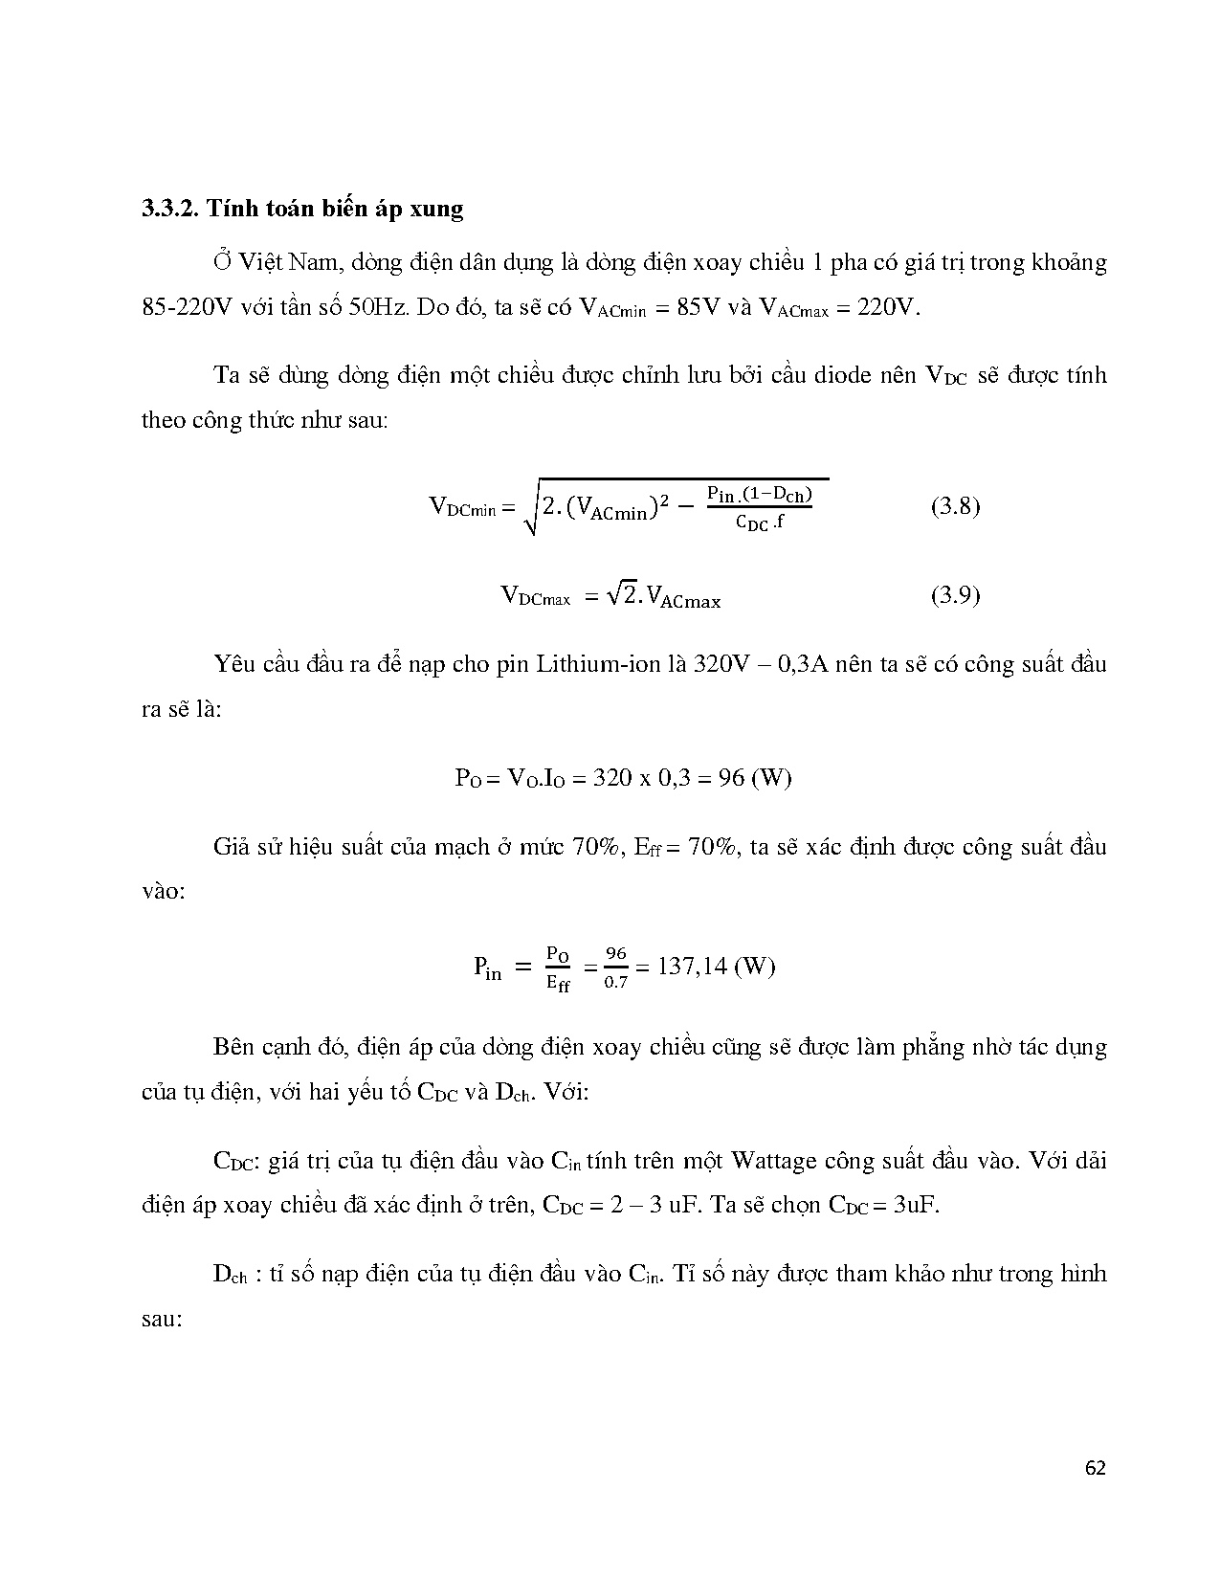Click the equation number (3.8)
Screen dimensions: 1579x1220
click(x=955, y=506)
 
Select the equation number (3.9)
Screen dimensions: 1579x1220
click(x=955, y=595)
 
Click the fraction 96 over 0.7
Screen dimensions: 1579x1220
click(x=615, y=967)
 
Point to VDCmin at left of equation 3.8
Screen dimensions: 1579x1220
click(x=462, y=507)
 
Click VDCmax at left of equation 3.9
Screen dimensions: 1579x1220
click(x=535, y=597)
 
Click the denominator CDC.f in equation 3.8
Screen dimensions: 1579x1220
click(x=760, y=523)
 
